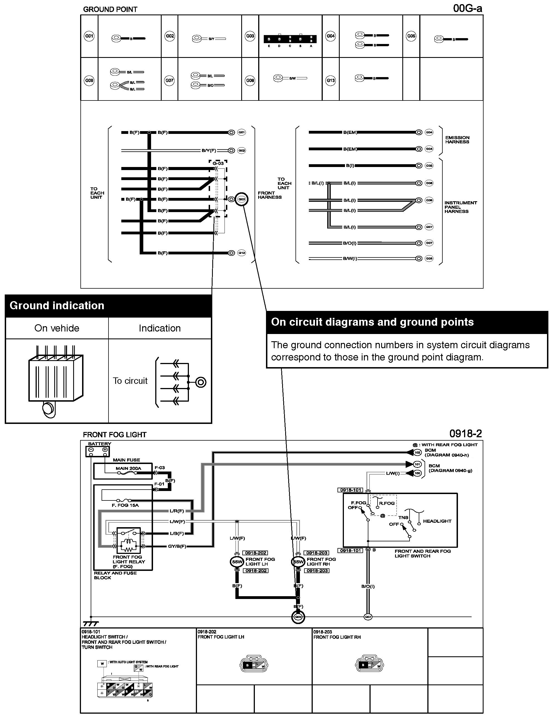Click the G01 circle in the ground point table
[89, 36]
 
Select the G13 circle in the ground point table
[331, 80]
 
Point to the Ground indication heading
[57, 306]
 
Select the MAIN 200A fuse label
[128, 468]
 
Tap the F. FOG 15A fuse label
[125, 505]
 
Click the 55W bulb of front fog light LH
[236, 562]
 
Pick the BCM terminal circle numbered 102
[417, 452]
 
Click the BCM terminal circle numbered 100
[417, 473]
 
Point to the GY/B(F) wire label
[177, 546]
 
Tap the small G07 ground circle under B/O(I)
[368, 617]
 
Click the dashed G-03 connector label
[218, 163]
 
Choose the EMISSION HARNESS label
[457, 139]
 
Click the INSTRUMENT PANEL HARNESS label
[460, 207]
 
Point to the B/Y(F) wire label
[209, 150]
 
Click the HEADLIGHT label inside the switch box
[437, 521]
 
